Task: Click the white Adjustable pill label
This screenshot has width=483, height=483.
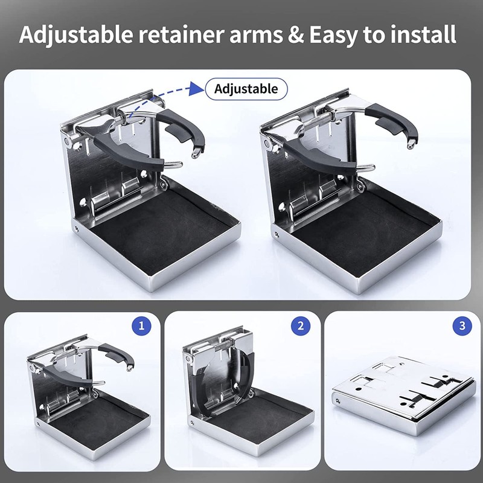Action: [x=246, y=89]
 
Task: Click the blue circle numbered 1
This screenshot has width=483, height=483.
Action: [x=141, y=327]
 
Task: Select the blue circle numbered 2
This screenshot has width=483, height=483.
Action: [x=301, y=327]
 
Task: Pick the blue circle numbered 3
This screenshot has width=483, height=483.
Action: [x=462, y=327]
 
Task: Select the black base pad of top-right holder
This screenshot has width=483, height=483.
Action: [x=362, y=223]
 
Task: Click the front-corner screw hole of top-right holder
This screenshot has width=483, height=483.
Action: [x=276, y=233]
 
